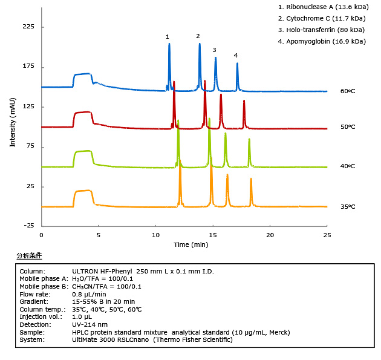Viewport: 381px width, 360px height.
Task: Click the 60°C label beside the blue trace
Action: (347, 91)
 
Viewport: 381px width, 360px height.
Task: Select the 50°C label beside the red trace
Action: (347, 127)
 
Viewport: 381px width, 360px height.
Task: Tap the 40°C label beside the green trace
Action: (347, 166)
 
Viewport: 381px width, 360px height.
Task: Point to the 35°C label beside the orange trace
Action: (347, 206)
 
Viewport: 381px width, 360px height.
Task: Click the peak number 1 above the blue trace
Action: (168, 37)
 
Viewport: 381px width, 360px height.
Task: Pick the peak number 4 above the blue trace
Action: (236, 56)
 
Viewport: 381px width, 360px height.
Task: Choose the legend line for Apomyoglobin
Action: (321, 41)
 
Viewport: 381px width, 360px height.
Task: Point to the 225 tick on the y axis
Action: (28, 27)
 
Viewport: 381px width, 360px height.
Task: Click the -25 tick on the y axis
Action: (28, 226)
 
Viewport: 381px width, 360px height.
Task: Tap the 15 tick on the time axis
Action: (212, 234)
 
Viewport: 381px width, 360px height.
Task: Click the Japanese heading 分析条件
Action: (29, 256)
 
